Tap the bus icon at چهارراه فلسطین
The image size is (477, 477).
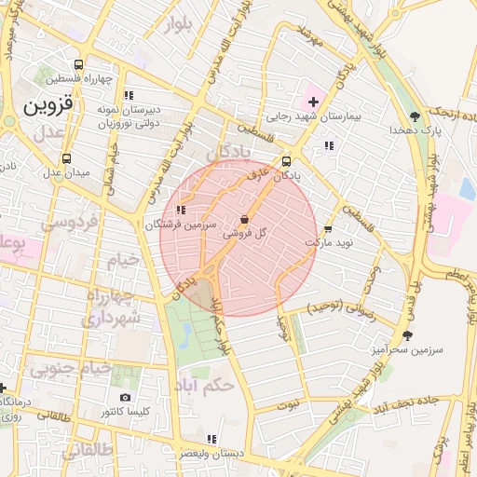click(78, 66)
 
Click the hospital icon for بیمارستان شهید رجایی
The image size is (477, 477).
click(313, 101)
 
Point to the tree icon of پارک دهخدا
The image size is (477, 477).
click(415, 116)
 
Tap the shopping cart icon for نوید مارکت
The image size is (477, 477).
click(327, 228)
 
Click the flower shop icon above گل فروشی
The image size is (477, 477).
click(244, 220)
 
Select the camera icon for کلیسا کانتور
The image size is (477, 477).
click(126, 397)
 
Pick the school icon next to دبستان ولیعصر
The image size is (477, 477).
click(211, 439)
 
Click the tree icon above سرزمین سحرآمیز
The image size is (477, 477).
click(406, 335)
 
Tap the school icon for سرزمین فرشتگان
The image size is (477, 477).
click(181, 211)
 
